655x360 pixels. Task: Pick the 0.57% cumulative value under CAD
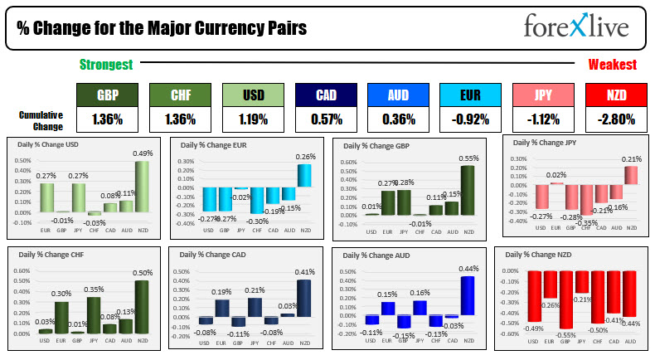[327, 119]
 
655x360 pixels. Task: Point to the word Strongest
[106, 64]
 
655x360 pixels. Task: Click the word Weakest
[612, 64]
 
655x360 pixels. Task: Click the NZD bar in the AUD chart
[468, 295]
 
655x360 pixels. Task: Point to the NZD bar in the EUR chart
[306, 175]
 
